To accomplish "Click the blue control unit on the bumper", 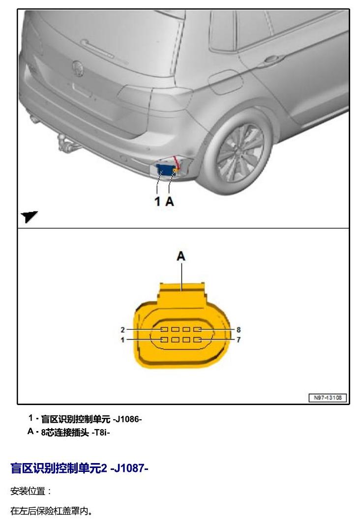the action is tap(165, 170).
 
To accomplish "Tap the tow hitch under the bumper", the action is tap(64, 142).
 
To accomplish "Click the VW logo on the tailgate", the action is tap(78, 68).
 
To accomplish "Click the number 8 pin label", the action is tap(239, 330).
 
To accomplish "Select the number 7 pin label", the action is tap(239, 340).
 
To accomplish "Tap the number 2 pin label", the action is tap(122, 330).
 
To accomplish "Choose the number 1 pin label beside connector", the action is tap(122, 340).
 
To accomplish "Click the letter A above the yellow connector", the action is tap(181, 256).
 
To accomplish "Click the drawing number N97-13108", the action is tap(328, 398).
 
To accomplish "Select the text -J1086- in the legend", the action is tap(127, 419).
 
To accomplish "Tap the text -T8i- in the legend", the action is tap(100, 433).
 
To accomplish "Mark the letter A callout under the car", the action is tap(170, 202).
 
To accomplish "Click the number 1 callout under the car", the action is tap(157, 202).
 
